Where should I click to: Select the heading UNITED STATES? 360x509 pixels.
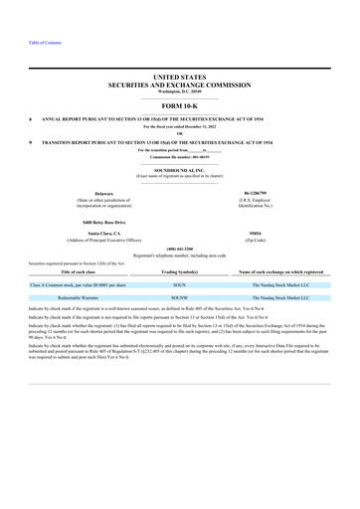(179, 77)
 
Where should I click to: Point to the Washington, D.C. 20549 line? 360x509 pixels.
(179, 90)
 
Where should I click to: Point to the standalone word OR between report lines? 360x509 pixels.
(179, 134)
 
